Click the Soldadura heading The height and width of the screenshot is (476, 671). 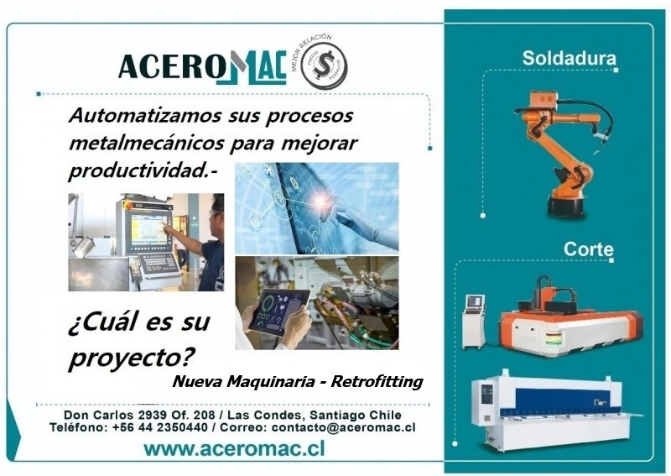(569, 59)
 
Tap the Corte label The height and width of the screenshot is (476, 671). (588, 249)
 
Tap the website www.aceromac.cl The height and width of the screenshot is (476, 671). (234, 449)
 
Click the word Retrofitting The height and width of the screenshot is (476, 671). (377, 383)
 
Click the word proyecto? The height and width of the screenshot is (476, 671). (126, 358)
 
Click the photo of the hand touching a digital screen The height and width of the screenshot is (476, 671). (316, 207)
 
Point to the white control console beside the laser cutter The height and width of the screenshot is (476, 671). (474, 319)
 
